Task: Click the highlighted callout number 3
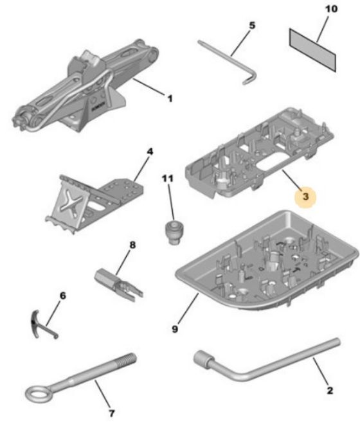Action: (x=305, y=197)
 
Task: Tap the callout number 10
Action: (x=331, y=9)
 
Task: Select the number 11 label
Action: (x=168, y=179)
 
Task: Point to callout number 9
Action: (x=175, y=329)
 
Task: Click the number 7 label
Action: (x=111, y=413)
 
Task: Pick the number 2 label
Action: (x=330, y=391)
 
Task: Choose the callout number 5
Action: (x=252, y=26)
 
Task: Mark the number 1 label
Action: (x=170, y=98)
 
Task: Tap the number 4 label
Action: (x=150, y=152)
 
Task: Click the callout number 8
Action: (x=132, y=245)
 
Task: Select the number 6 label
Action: (x=62, y=296)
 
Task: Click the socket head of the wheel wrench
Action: (x=202, y=359)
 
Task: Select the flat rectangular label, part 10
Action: (x=312, y=49)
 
